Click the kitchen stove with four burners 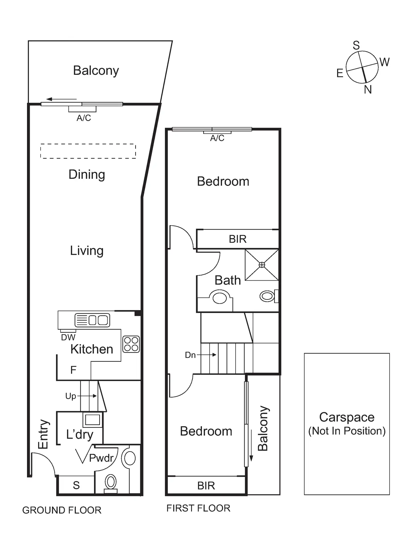point(131,344)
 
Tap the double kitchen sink point(92,320)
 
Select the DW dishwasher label point(68,337)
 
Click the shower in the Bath point(262,265)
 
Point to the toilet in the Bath point(268,296)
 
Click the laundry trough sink point(93,420)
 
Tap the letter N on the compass point(368,90)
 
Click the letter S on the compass point(356,45)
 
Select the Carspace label point(347,417)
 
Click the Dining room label point(87,174)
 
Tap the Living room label point(87,251)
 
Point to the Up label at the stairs point(71,396)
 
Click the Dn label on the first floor point(190,355)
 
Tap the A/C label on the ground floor point(84,118)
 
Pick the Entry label point(43,434)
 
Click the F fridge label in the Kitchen point(73,370)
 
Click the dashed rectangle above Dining point(88,151)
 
